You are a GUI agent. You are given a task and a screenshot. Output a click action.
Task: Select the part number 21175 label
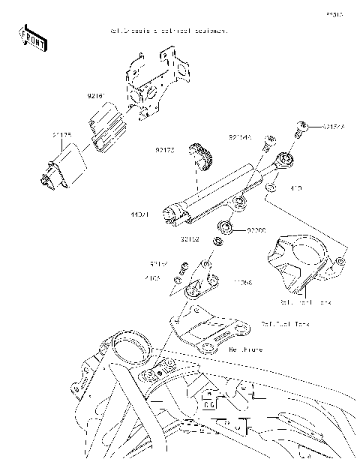pos(61,135)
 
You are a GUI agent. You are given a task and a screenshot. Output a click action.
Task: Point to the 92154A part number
pos(334,127)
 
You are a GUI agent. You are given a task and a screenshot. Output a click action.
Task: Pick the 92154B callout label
pos(240,137)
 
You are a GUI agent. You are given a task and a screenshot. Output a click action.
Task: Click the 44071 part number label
pos(140,214)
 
